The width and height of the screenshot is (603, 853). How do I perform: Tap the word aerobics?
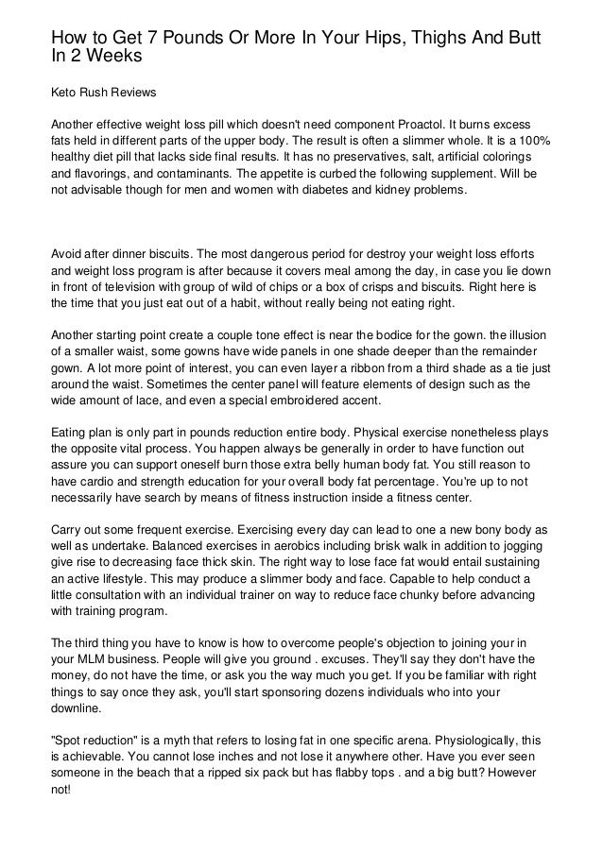point(275,549)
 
